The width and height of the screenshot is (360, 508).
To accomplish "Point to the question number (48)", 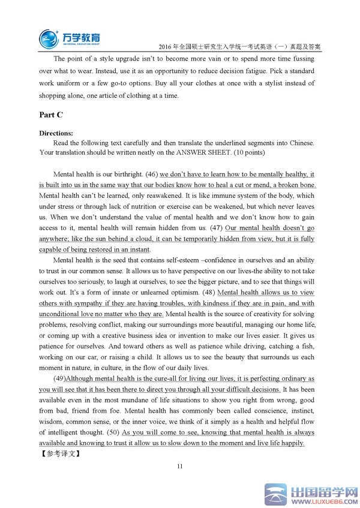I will point(208,293).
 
